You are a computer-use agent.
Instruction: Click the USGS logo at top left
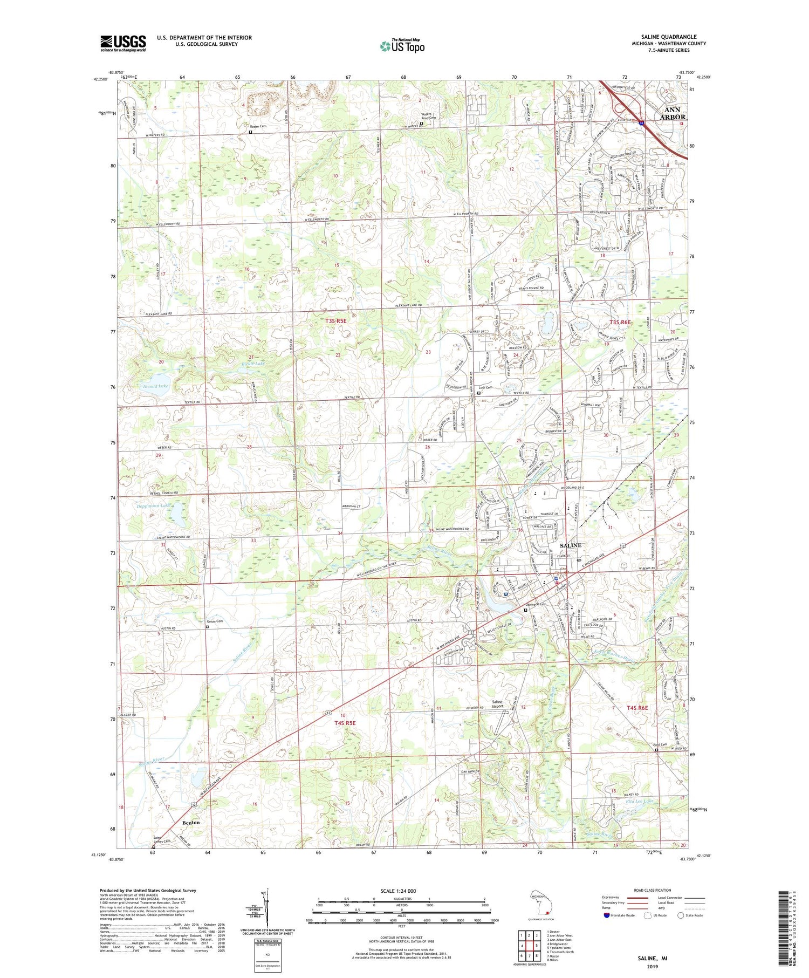tap(123, 43)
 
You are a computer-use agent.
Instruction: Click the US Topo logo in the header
tap(402, 46)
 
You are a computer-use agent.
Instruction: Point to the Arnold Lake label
tap(155, 386)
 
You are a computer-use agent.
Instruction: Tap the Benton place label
tap(191, 822)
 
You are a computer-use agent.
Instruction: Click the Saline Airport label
tap(497, 704)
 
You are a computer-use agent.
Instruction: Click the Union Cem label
tap(215, 621)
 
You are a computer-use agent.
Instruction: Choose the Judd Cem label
tap(660, 745)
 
